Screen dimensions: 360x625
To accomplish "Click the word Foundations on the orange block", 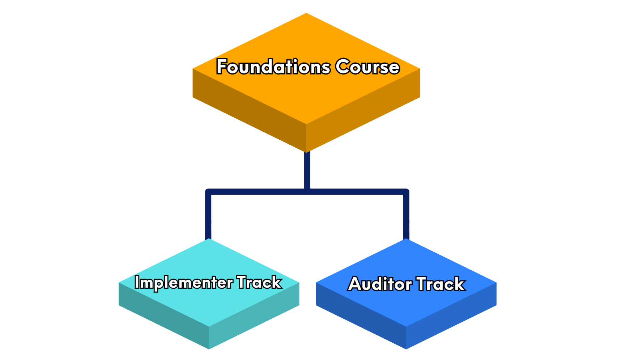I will [273, 67].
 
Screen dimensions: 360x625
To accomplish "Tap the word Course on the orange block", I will [367, 67].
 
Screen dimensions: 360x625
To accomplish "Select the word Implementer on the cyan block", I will [184, 283].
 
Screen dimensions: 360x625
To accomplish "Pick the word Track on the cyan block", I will [259, 283].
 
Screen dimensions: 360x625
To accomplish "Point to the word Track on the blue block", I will [441, 284].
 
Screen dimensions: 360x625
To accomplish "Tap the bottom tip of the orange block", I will [306, 151].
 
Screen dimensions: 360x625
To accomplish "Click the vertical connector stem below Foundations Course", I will [307, 170].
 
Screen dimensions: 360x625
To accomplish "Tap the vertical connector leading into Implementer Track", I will [208, 217].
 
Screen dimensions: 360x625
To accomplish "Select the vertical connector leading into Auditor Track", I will [406, 217].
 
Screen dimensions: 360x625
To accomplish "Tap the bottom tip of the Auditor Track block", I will [406, 348].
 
